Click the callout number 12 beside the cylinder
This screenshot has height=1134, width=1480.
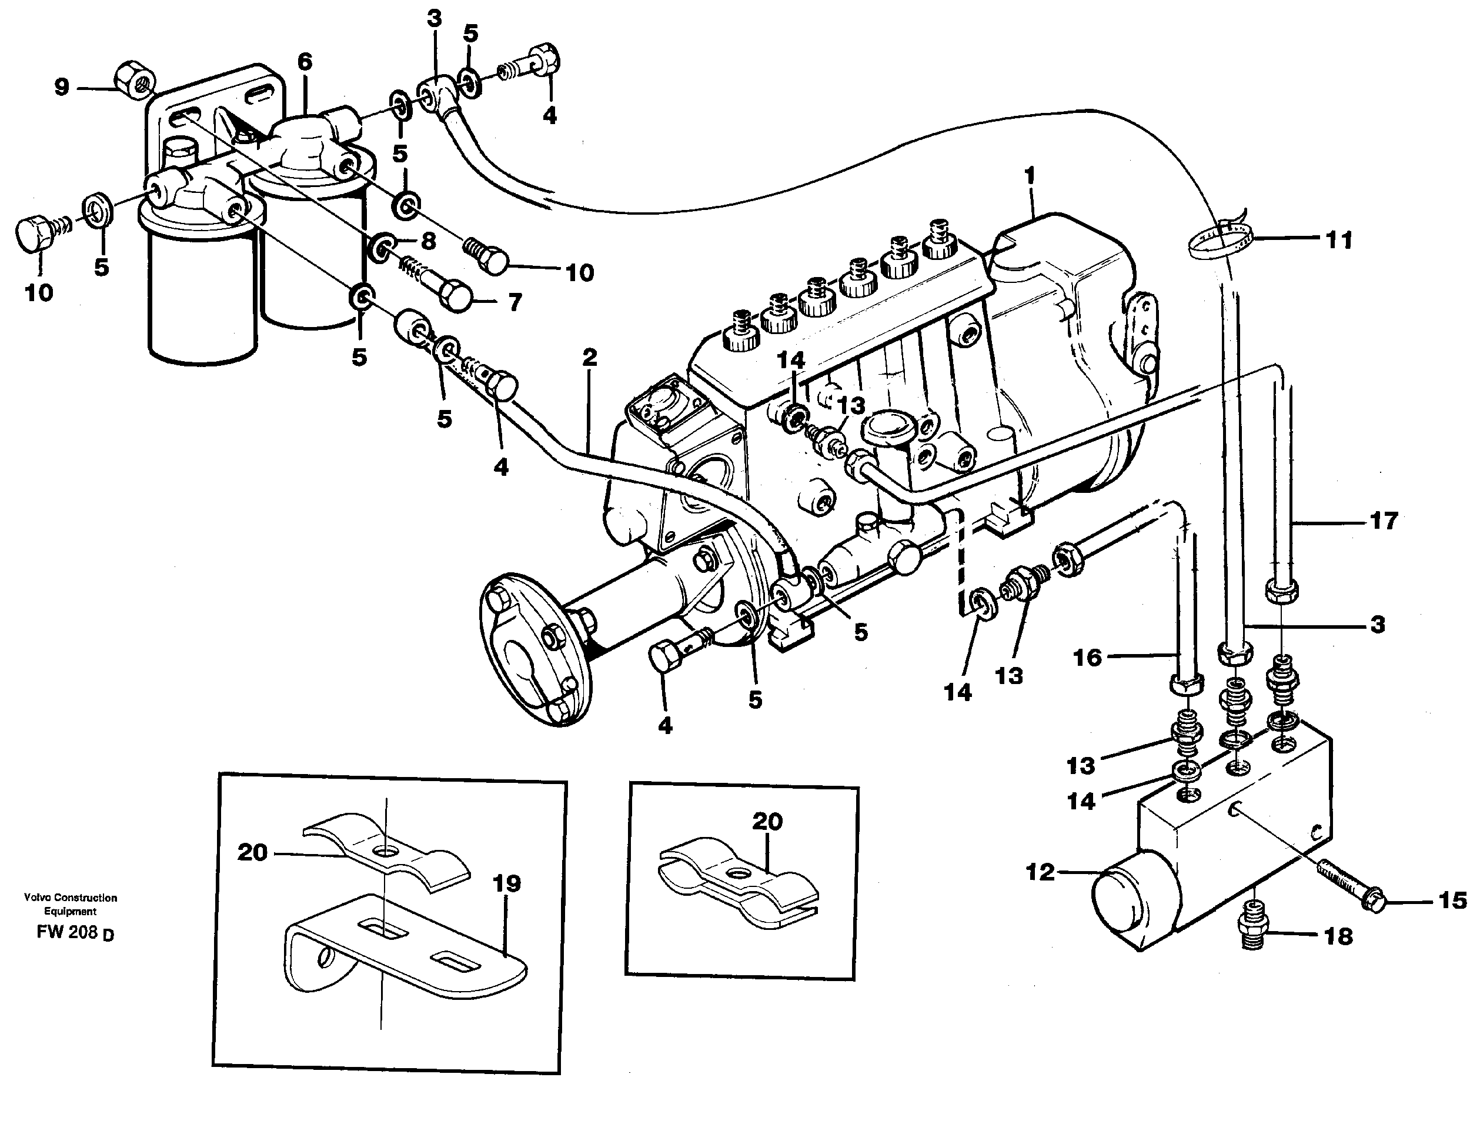pyautogui.click(x=1040, y=873)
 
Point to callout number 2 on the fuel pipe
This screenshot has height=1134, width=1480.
pyautogui.click(x=589, y=358)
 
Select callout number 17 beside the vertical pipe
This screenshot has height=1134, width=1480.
pyautogui.click(x=1383, y=521)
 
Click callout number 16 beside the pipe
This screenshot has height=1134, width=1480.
pyautogui.click(x=1087, y=657)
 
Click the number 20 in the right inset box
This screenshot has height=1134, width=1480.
pyautogui.click(x=767, y=821)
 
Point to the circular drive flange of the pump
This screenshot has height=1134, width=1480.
pyautogui.click(x=533, y=665)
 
